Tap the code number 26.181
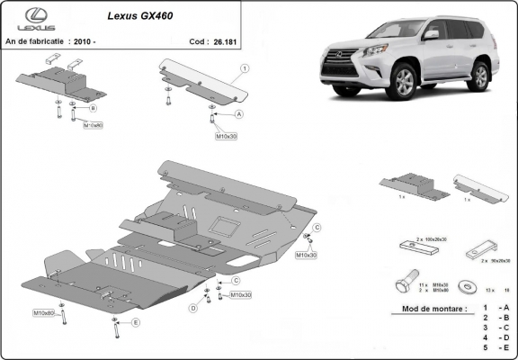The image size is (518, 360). pyautogui.click(x=224, y=40)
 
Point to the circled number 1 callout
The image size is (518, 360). pyautogui.click(x=245, y=68)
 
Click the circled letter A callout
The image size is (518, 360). pyautogui.click(x=239, y=115)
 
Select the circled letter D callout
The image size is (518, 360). pyautogui.click(x=192, y=308)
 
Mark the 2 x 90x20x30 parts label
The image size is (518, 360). pyautogui.click(x=496, y=259)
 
